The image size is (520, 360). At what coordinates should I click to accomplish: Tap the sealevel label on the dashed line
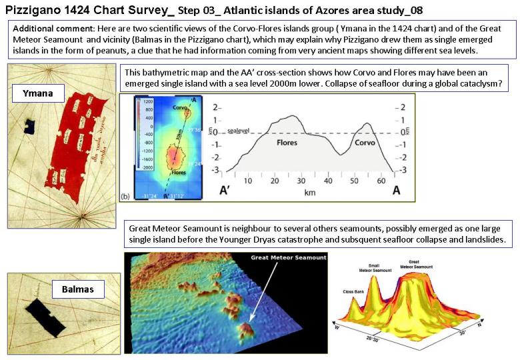tap(240, 131)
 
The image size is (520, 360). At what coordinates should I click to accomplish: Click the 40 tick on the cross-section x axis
tap(327, 180)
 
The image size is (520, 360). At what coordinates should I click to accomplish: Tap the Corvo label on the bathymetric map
tap(179, 107)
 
